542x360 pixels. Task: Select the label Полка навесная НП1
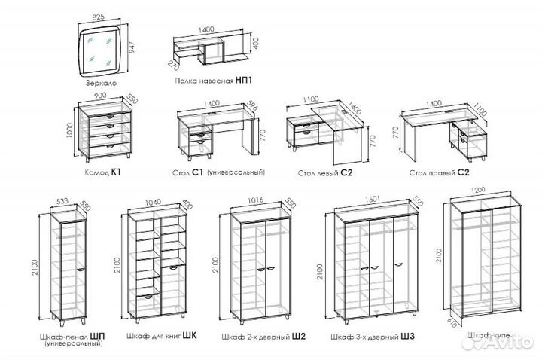coord(213,79)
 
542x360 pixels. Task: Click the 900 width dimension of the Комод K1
coord(99,97)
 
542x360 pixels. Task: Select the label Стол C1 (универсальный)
coord(218,172)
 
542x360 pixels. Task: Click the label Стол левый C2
coord(325,172)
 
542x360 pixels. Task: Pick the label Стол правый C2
coord(439,172)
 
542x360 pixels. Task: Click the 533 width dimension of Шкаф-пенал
coord(63,200)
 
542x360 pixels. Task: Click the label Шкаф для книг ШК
coord(163,336)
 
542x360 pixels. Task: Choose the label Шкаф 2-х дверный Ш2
coord(262,336)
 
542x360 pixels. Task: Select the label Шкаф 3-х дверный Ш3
coord(369,336)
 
